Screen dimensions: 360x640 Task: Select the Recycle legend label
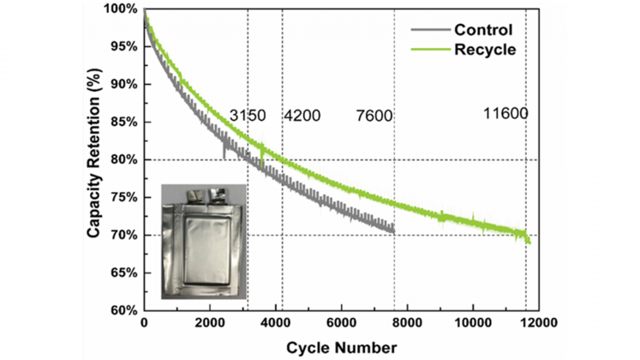tap(485, 50)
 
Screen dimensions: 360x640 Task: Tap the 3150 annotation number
tap(248, 116)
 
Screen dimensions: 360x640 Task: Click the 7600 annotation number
tap(374, 116)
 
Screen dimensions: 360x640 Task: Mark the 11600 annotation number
tap(505, 113)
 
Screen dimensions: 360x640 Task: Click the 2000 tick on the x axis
tap(209, 324)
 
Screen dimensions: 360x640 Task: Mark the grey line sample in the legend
tap(429, 30)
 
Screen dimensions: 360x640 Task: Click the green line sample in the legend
tap(429, 50)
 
